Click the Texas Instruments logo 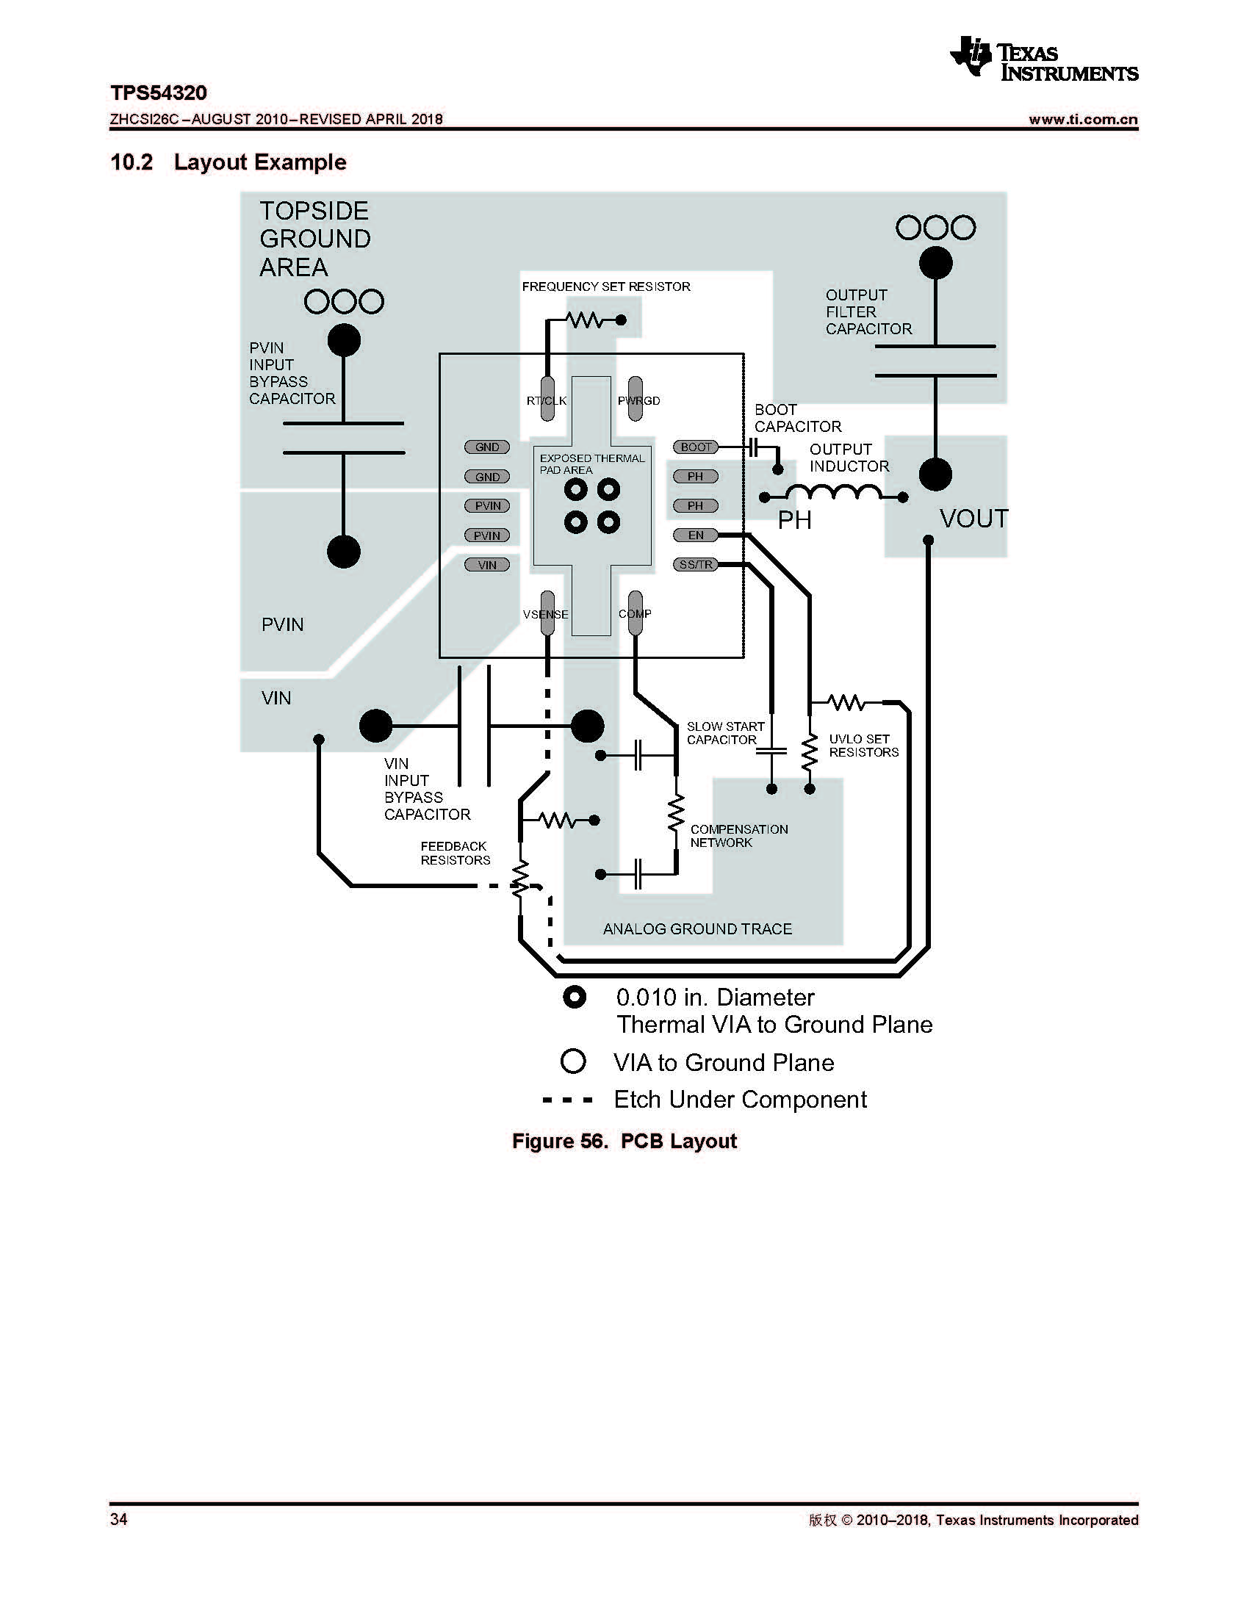[1043, 59]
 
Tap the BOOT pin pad [696, 447]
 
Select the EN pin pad [696, 535]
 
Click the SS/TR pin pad [696, 565]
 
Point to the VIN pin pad [487, 566]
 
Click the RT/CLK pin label [547, 401]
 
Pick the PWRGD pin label [638, 401]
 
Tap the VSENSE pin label [546, 614]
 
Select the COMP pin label [635, 613]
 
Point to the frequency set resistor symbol [585, 320]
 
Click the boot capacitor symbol [753, 447]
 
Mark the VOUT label [973, 519]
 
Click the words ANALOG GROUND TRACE [697, 928]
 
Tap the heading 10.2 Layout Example [228, 162]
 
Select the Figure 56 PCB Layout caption [624, 1141]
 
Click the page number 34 [119, 1519]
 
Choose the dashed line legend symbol [567, 1100]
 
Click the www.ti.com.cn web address [1082, 119]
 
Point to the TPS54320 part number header [159, 93]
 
